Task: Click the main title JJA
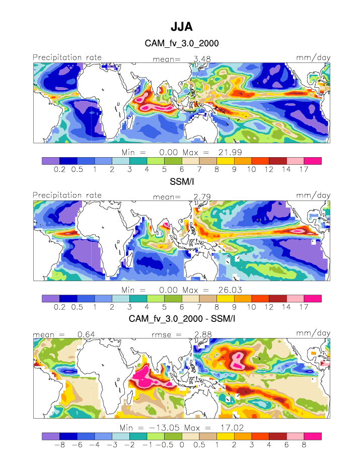click(182, 26)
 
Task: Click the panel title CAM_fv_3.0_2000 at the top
click(182, 44)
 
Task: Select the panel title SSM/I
click(182, 182)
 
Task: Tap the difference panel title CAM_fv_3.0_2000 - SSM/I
click(182, 319)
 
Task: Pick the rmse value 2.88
click(202, 334)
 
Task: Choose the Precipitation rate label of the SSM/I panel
click(67, 195)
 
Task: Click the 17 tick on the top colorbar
click(304, 170)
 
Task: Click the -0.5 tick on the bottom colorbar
click(164, 445)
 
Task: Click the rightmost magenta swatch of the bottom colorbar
click(312, 436)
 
